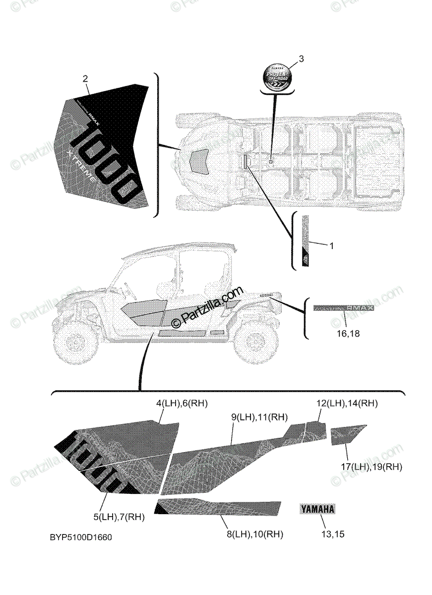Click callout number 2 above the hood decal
pos(85,78)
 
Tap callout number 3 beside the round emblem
pos(301,59)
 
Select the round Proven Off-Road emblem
pos(277,77)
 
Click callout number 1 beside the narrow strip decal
pos(332,245)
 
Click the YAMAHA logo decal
pos(317,508)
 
